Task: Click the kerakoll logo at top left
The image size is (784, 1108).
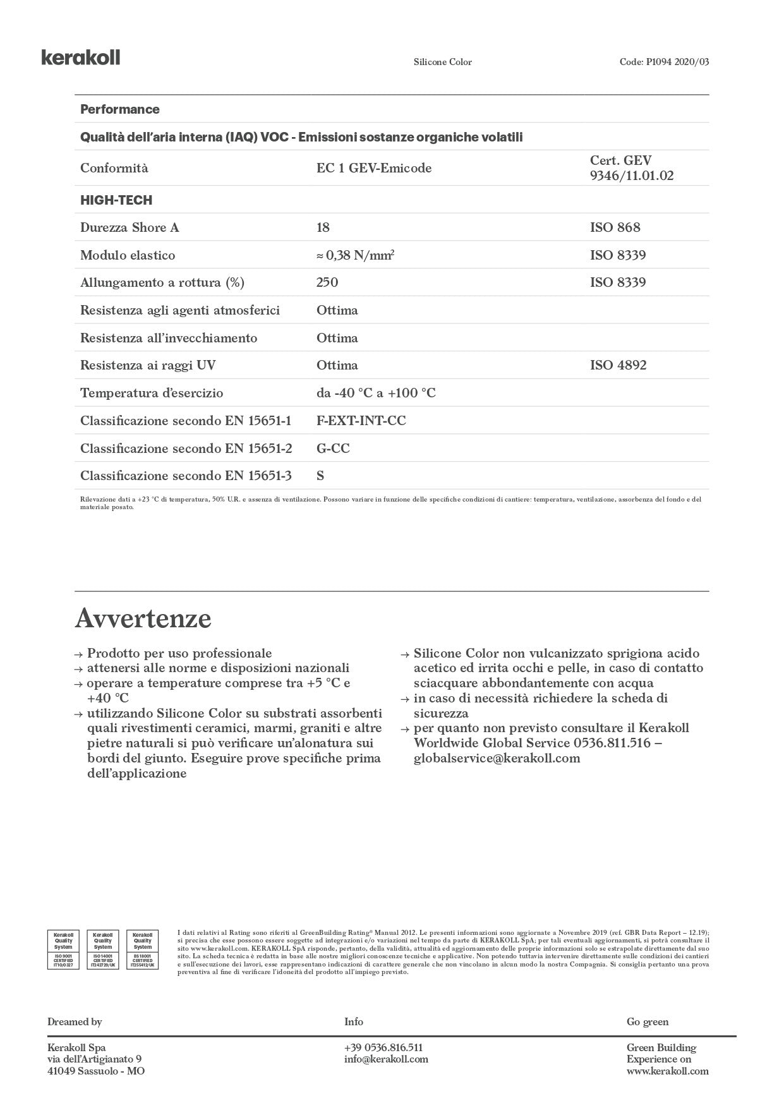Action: coord(81,57)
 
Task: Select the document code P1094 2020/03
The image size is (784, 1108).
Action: coord(664,62)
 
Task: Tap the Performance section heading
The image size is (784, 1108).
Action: coord(120,109)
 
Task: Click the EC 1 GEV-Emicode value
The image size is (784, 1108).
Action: coord(374,168)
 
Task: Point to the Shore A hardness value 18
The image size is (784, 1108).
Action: coord(323,227)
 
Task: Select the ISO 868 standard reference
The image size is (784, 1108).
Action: coord(615,227)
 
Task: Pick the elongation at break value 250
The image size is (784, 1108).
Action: coord(327,282)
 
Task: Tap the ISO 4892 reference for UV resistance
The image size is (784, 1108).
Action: coord(618,365)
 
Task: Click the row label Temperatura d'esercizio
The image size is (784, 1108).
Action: coord(152,393)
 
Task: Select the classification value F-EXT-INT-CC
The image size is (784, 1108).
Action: coord(361,421)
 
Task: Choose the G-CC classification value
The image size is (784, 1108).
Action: coord(333,449)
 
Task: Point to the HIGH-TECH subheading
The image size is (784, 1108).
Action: coord(116,200)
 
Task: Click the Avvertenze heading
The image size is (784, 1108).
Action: coord(143,618)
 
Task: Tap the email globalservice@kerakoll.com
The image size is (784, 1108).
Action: coord(497,758)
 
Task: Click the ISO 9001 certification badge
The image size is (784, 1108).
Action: coord(63,949)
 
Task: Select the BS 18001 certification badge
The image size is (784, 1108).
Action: coord(143,949)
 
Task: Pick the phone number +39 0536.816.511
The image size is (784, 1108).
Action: coord(383,1047)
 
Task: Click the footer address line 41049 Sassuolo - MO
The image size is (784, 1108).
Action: coord(96,1071)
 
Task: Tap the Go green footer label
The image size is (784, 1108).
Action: coord(647,1021)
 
